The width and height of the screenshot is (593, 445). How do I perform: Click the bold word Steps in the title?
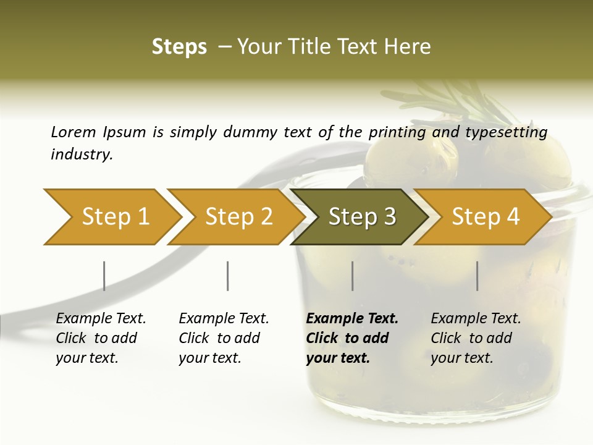179,47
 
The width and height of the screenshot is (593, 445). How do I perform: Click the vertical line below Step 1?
104,276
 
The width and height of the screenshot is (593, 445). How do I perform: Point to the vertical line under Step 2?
228,276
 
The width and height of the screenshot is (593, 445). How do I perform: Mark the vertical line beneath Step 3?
352,276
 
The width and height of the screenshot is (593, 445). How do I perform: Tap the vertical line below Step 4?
477,276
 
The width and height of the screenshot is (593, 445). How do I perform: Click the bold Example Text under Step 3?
352,319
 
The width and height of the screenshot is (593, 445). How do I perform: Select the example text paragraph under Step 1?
101,338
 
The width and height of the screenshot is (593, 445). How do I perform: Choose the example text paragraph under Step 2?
224,338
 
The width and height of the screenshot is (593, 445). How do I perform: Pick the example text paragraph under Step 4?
476,338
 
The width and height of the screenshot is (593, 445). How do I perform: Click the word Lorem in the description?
73,132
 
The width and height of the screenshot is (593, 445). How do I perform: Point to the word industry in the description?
82,155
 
